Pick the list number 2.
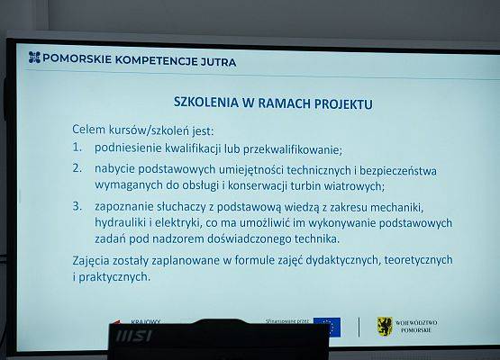click(78, 168)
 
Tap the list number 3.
click(78, 206)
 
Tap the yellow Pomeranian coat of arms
click(384, 324)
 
